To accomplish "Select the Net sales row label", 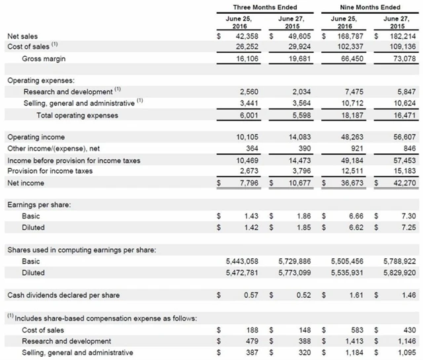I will point(22,36).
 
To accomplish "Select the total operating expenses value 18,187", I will point(351,115).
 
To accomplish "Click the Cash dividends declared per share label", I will point(63,295).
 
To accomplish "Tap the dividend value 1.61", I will point(355,295).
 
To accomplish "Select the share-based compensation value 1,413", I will point(353,342).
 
